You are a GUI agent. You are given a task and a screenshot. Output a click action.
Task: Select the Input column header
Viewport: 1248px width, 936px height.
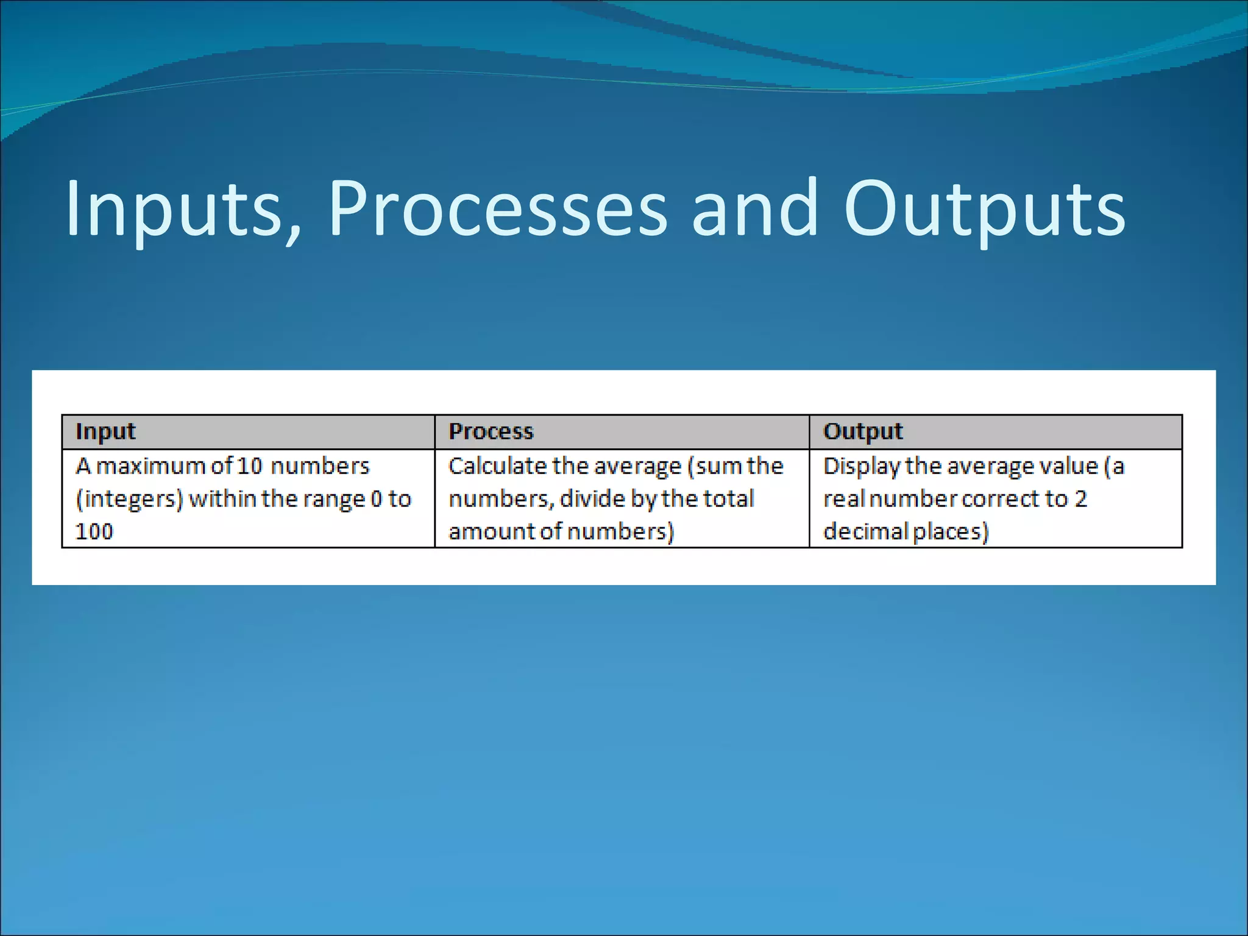click(105, 431)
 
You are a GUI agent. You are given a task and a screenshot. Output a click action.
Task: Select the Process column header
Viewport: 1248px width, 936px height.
click(491, 431)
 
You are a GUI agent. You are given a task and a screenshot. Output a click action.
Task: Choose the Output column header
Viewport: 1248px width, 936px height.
click(863, 431)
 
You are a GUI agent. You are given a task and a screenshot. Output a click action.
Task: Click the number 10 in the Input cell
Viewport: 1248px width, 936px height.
click(249, 466)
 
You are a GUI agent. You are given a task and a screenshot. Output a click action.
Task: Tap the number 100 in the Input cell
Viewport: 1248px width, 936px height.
click(94, 531)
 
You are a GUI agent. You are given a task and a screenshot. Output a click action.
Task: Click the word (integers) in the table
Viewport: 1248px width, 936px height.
click(129, 499)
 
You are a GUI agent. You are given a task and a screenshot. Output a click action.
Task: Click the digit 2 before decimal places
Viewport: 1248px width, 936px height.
click(1080, 499)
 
